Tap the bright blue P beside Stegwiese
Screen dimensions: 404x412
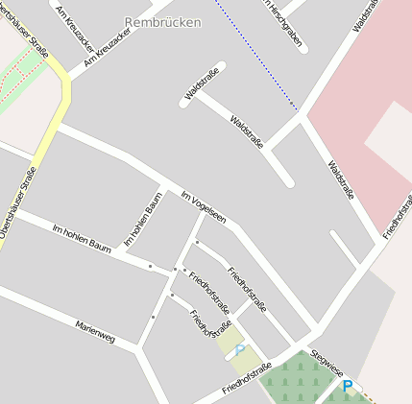[348, 387]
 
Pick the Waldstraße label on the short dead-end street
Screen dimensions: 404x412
[202, 84]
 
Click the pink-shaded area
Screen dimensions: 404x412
[355, 86]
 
